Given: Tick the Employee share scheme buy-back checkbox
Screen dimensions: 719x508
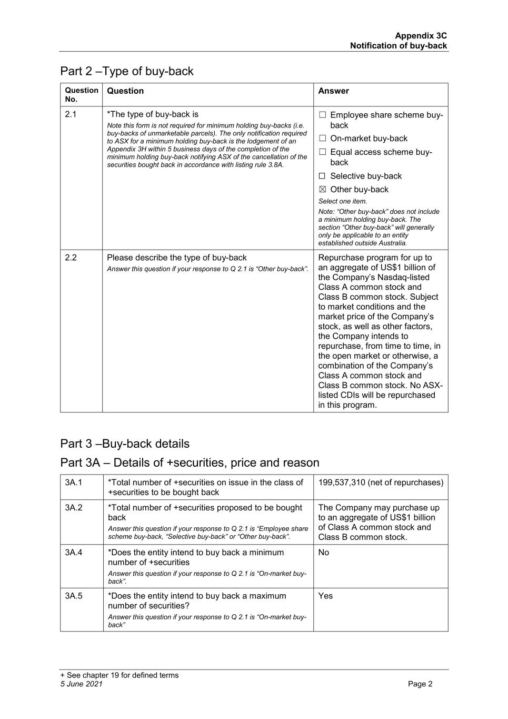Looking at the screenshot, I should [322, 115].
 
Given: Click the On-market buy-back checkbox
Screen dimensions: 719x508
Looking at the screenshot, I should [322, 139].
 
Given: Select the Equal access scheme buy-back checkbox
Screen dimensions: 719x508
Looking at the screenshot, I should [322, 152].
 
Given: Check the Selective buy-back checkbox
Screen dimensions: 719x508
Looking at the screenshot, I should [322, 176].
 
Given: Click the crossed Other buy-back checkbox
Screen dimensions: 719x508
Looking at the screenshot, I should [322, 190].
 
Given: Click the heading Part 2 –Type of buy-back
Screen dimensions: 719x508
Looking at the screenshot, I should [127, 71].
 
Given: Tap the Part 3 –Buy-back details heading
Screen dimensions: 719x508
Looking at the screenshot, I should [125, 444].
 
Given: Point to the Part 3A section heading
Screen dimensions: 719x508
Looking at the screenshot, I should [190, 462].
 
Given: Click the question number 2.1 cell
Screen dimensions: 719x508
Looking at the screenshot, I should [71, 114].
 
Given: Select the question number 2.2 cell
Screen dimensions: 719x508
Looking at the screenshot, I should [71, 258].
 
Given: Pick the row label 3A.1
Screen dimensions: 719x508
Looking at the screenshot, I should [74, 482].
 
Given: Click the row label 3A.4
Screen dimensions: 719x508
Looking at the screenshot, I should [74, 553].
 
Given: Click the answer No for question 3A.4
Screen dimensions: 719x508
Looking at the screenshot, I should [324, 553].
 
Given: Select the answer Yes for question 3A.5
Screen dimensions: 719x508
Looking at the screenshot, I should [325, 596].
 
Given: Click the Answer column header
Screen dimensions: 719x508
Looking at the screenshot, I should [333, 91].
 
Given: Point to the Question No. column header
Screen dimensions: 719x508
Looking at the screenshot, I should [82, 94].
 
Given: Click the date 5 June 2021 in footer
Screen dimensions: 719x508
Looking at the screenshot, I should [82, 684].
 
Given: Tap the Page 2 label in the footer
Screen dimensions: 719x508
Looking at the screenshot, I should [420, 684].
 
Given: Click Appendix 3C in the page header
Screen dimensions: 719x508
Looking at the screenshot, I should [421, 36].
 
